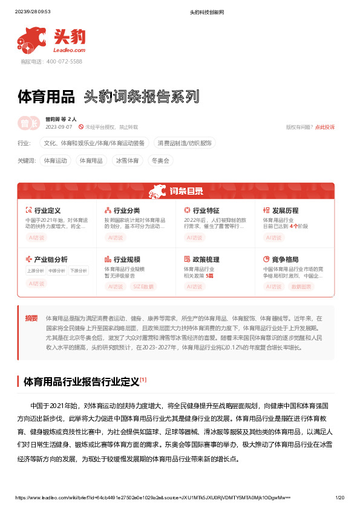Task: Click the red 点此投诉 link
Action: click(x=325, y=127)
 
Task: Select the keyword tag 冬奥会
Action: click(x=160, y=161)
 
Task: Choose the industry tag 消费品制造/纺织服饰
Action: click(x=185, y=143)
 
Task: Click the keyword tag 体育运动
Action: click(x=55, y=161)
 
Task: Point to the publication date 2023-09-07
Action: click(x=59, y=127)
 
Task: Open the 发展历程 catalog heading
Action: click(x=285, y=210)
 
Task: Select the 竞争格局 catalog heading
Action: click(x=285, y=259)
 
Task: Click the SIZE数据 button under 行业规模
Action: click(x=143, y=287)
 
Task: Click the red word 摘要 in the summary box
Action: click(x=31, y=318)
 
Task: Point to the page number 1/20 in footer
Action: click(x=339, y=498)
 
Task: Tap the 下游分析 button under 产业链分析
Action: click(x=78, y=271)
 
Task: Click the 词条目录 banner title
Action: click(x=186, y=192)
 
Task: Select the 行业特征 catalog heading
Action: click(x=206, y=210)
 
